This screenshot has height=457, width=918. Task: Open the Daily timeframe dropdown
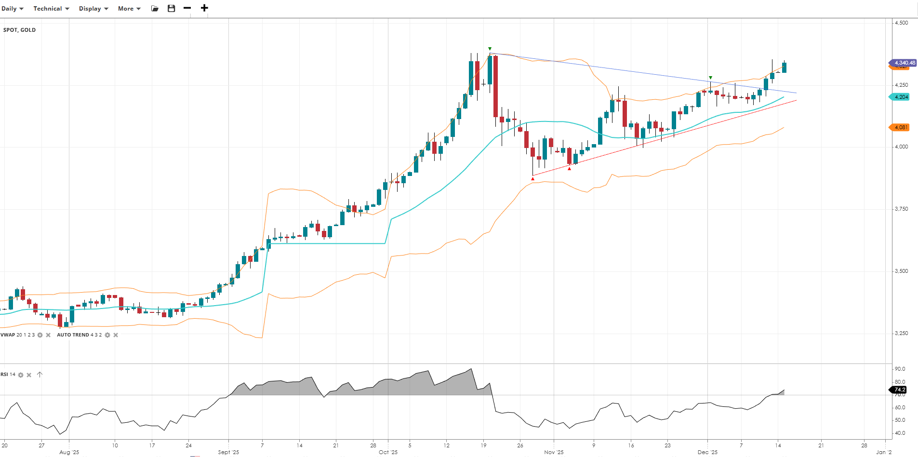coord(12,9)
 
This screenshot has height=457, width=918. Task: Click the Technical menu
coord(51,9)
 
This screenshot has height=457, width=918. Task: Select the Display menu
coord(93,9)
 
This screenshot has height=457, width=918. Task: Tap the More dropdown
coord(129,9)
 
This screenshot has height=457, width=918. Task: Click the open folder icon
coord(155,8)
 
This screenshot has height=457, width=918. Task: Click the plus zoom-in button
coord(204,8)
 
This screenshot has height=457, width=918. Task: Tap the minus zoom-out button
coord(187,8)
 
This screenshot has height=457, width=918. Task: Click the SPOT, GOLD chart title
coord(20,30)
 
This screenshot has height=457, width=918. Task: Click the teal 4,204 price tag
coord(900,97)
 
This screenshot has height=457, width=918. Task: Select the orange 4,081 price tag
coord(900,127)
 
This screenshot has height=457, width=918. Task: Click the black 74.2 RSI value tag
coord(899,390)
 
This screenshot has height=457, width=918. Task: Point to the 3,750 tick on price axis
coord(901,209)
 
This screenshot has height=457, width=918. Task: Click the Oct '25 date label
coord(388,452)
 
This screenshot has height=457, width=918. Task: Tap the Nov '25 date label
coord(554,452)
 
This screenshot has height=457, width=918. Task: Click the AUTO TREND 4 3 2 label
coord(79,335)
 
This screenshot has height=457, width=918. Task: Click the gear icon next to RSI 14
coord(21,375)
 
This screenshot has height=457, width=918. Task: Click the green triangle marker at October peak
coord(490,49)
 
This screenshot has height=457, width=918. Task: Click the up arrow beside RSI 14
coord(40,375)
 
